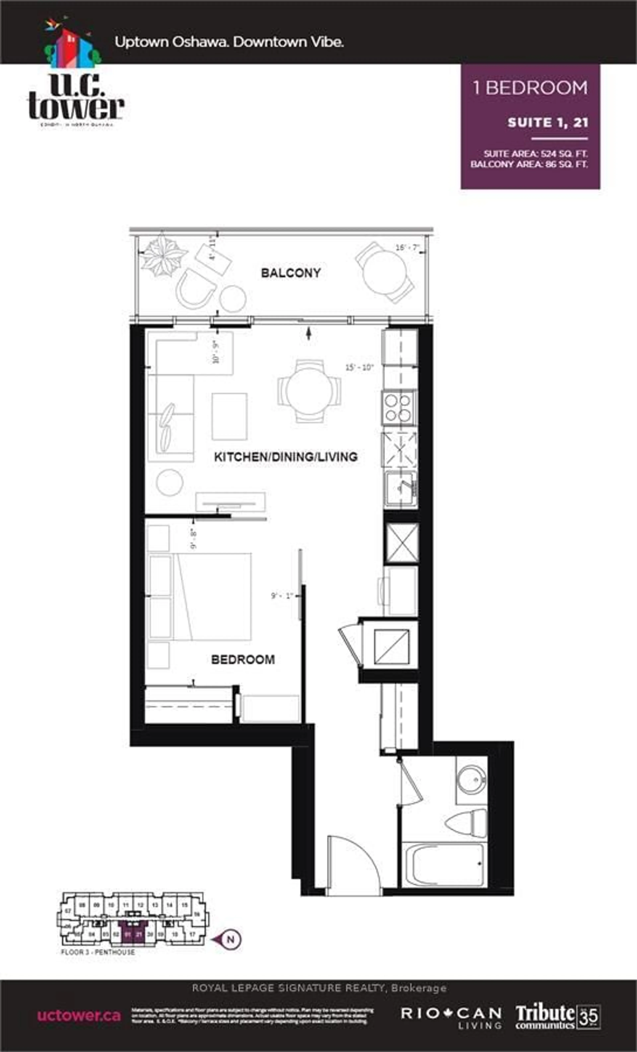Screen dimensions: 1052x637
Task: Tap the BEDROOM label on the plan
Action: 243,660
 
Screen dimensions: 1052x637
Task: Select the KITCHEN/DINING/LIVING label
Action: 286,457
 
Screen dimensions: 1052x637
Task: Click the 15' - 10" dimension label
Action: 359,367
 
